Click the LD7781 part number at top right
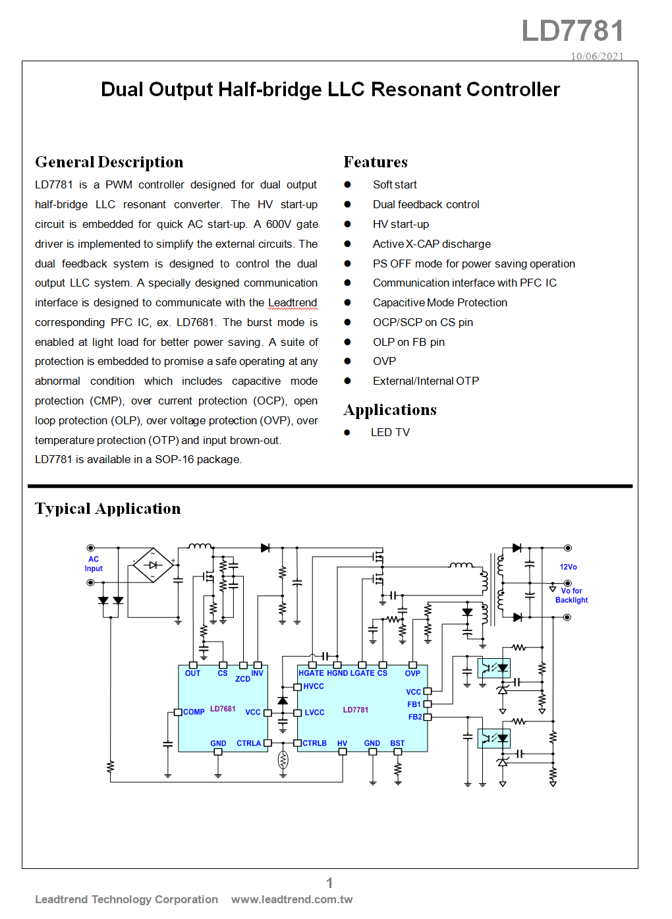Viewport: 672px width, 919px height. [573, 30]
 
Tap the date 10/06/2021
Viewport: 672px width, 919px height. [597, 56]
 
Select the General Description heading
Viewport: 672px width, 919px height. [109, 162]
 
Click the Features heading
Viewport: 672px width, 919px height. [376, 161]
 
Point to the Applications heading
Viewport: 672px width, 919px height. [390, 410]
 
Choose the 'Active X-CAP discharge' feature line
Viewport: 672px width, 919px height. [432, 244]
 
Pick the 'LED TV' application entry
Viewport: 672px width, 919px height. [390, 432]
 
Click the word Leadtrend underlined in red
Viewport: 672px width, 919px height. [293, 303]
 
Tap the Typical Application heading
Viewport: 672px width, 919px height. [107, 509]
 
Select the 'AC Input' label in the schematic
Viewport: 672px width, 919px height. [94, 564]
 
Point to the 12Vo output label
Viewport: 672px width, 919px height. [568, 567]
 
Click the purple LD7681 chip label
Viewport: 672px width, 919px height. [223, 709]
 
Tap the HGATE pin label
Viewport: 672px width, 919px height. [311, 673]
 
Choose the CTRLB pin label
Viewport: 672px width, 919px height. [315, 743]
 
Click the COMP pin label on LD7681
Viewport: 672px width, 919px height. [194, 712]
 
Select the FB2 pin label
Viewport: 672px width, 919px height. [415, 717]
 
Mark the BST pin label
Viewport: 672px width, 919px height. [397, 743]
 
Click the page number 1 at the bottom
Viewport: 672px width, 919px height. [329, 883]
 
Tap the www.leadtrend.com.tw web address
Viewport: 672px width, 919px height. [292, 899]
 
